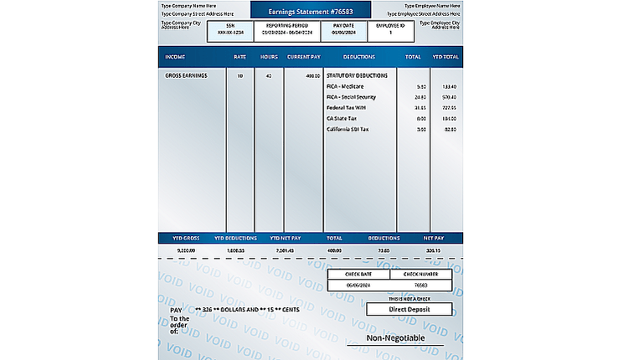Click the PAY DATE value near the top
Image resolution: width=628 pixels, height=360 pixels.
point(343,33)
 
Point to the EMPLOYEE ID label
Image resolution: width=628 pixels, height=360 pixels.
point(390,26)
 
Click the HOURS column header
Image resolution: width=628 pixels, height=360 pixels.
point(269,57)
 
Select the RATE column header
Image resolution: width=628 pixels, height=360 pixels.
point(239,57)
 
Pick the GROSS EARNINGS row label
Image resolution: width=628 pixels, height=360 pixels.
point(186,75)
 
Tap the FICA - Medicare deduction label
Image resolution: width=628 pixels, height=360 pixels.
point(345,86)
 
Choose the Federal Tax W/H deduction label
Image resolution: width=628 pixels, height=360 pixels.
point(347,107)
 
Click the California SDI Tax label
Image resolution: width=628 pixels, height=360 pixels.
point(347,129)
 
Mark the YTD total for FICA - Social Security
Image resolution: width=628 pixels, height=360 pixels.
point(449,97)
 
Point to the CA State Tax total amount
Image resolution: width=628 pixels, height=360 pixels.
point(421,118)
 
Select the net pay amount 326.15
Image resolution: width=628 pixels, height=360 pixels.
point(433,249)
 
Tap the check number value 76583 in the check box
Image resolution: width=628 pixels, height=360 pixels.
point(420,285)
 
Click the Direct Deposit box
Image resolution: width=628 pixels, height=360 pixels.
point(409,309)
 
